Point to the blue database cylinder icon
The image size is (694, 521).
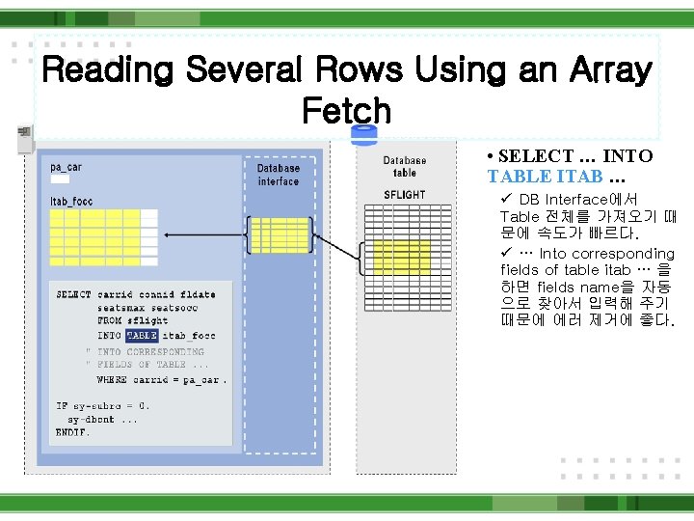364,134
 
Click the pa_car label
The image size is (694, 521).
67,167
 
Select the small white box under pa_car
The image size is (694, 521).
60,178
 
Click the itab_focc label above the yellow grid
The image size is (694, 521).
71,201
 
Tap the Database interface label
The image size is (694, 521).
279,175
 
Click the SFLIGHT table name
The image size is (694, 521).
405,195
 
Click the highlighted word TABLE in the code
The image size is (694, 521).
142,336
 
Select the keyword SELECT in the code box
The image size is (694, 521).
74,294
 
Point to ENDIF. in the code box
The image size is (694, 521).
73,433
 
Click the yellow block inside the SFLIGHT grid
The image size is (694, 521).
402,256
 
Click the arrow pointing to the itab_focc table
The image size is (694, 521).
202,233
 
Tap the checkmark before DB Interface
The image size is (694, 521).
506,199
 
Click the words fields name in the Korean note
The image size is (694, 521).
569,288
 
